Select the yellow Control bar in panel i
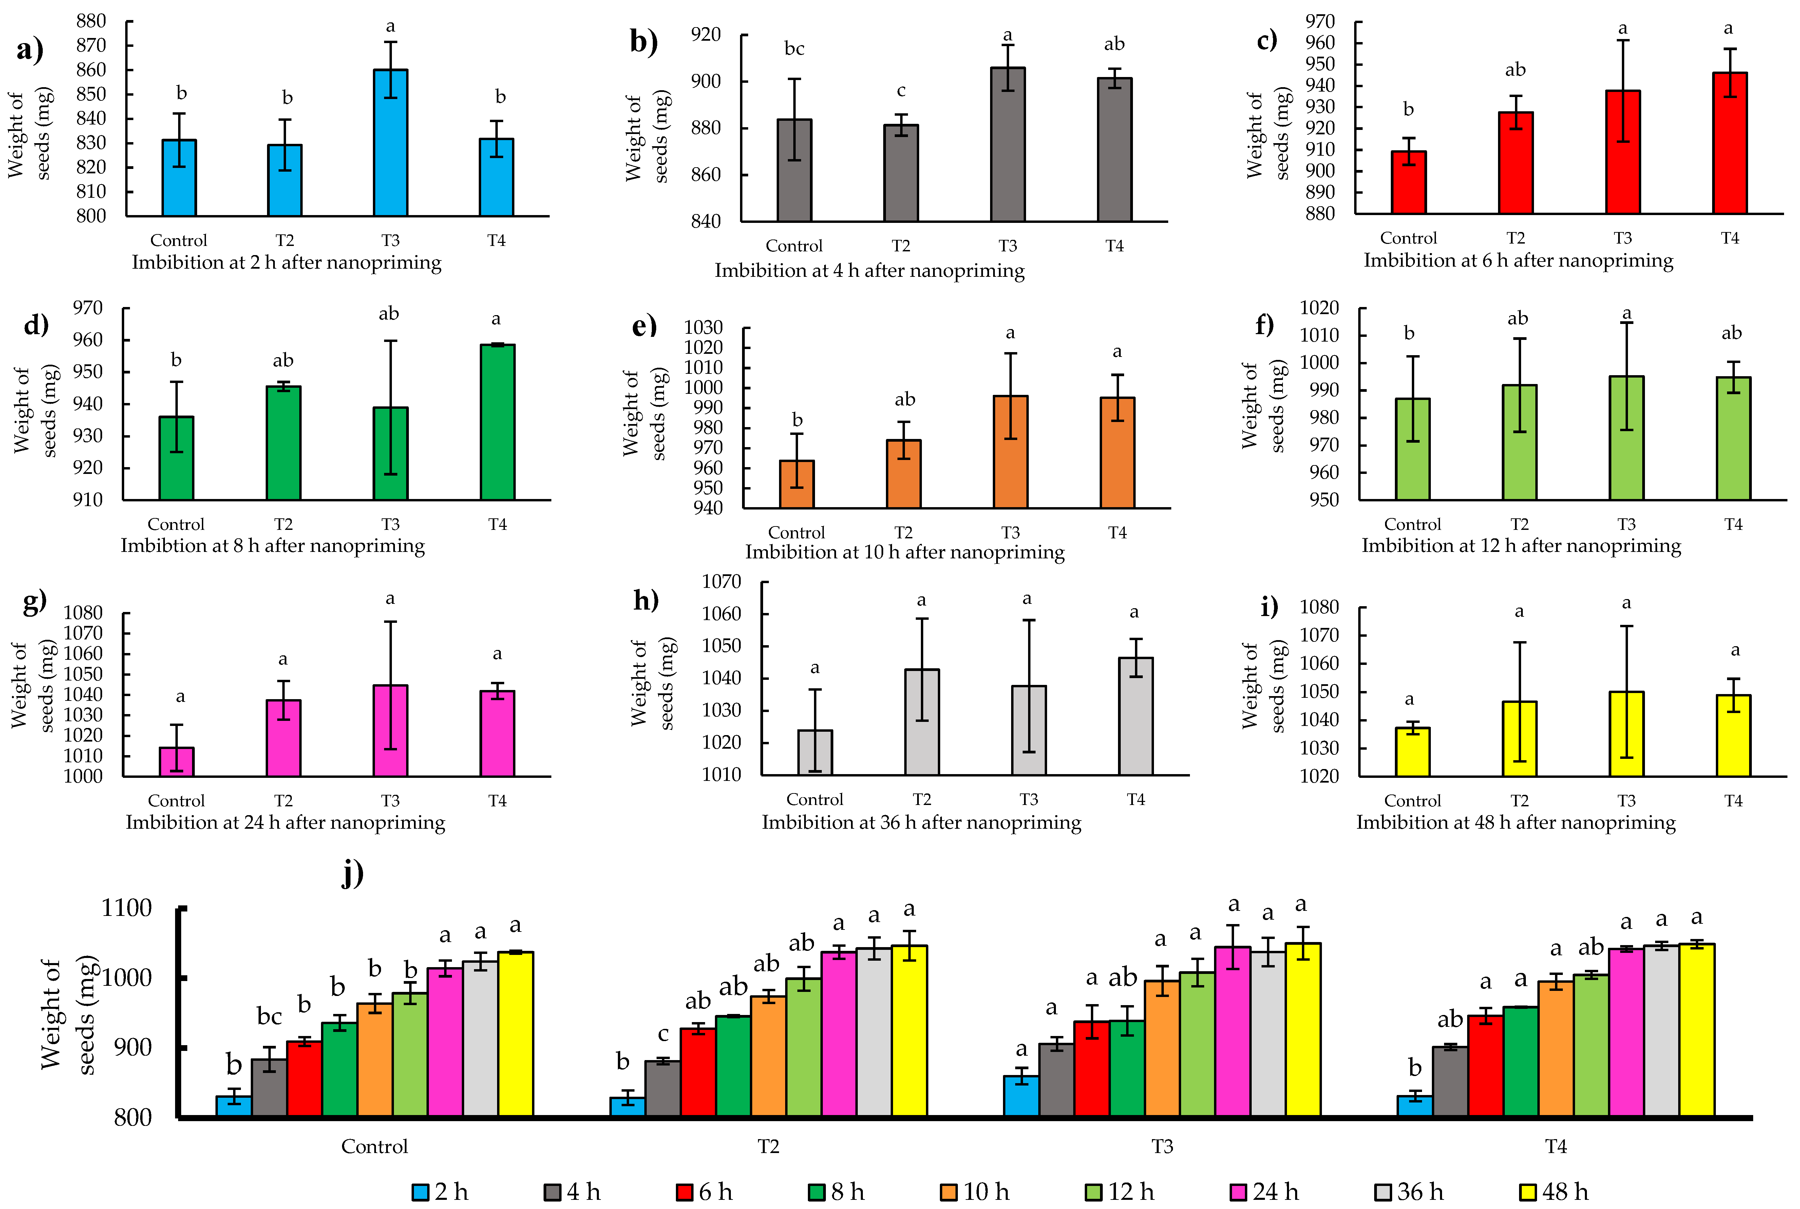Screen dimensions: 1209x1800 click(x=1412, y=752)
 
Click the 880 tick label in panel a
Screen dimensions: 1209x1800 click(x=91, y=21)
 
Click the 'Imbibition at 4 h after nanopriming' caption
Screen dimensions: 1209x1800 click(x=869, y=271)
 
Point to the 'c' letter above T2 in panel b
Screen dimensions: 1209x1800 click(x=901, y=91)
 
